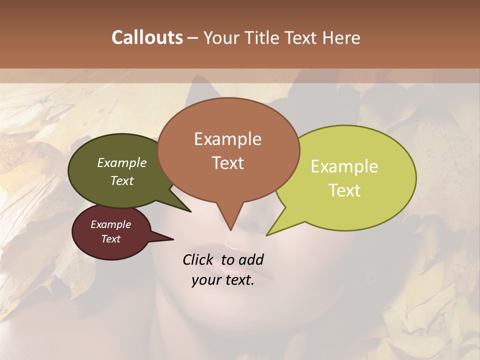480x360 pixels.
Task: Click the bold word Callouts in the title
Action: (x=147, y=37)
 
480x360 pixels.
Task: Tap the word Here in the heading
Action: (x=341, y=38)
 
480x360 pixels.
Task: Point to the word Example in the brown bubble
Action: (x=228, y=139)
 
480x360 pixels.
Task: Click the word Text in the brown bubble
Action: (x=228, y=163)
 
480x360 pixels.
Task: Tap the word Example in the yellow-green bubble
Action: (x=344, y=166)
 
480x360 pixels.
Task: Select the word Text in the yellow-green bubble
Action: (x=344, y=190)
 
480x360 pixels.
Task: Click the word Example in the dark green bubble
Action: (x=121, y=162)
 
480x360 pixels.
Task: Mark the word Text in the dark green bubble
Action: (x=121, y=180)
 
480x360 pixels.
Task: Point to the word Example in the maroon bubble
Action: (x=110, y=224)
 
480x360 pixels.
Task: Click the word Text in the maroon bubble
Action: (x=110, y=239)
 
